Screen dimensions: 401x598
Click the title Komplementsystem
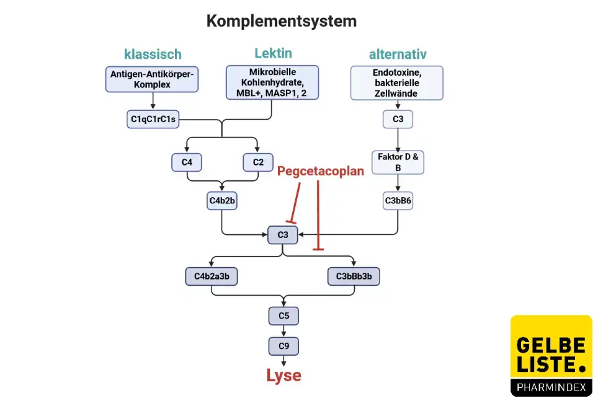click(x=281, y=21)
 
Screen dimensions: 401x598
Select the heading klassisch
click(x=153, y=54)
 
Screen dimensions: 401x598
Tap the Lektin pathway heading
click(x=273, y=53)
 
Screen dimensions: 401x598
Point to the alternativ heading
click(x=398, y=54)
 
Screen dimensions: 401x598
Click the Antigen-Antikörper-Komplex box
click(x=153, y=79)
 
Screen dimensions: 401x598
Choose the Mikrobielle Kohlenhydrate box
click(x=272, y=82)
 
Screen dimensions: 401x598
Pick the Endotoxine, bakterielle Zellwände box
click(x=397, y=83)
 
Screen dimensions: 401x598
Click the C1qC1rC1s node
click(x=153, y=118)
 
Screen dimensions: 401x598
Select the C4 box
click(x=187, y=162)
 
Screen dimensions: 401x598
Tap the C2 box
click(x=258, y=162)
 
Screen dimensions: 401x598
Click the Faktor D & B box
click(x=398, y=162)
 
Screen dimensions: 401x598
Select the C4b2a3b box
click(x=212, y=276)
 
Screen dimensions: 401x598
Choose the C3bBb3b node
click(x=353, y=276)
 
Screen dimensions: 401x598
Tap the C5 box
click(x=283, y=315)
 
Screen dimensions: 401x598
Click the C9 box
click(x=283, y=345)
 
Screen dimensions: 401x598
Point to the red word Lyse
click(x=283, y=376)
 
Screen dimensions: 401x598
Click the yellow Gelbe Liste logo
click(x=551, y=355)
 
